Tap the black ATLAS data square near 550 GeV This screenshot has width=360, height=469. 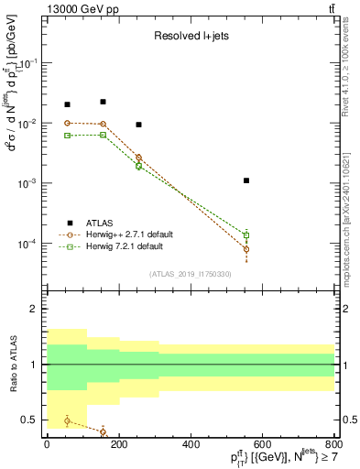[x=246, y=180]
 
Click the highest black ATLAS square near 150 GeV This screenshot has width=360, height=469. [x=103, y=102]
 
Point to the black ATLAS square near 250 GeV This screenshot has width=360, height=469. [x=138, y=125]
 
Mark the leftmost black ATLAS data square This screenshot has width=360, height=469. [x=67, y=104]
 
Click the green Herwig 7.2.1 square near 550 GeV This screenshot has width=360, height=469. [x=246, y=235]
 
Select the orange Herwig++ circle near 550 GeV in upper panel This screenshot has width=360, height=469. [x=246, y=249]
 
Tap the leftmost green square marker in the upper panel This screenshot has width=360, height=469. [x=67, y=136]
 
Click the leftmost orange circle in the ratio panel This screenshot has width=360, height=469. [x=67, y=420]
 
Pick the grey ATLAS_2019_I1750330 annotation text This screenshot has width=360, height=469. [x=191, y=273]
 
